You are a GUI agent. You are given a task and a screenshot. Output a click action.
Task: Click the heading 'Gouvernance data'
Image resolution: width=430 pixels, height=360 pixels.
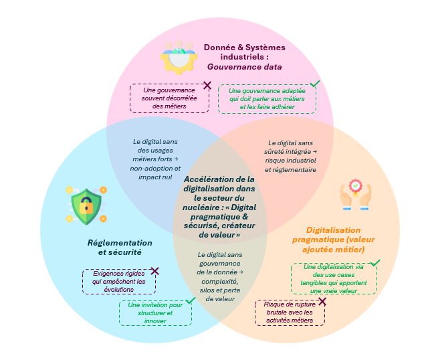[244, 67]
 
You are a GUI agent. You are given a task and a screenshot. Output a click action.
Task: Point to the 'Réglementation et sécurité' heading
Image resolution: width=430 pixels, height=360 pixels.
[120, 248]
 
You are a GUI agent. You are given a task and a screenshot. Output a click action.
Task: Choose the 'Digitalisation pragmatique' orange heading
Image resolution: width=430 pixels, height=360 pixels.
[335, 240]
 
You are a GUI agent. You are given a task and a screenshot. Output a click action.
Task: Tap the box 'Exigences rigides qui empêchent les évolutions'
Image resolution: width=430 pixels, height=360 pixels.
[119, 282]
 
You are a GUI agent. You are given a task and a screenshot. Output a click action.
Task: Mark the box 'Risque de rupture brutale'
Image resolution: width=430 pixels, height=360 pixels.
[290, 312]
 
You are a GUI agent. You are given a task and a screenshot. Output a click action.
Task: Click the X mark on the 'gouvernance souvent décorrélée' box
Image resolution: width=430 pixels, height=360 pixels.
[207, 85]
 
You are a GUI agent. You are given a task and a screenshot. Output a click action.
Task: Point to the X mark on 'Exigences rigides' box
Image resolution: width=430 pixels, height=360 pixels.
[155, 270]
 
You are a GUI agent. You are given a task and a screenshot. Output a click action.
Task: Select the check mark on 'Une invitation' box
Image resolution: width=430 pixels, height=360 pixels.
[191, 300]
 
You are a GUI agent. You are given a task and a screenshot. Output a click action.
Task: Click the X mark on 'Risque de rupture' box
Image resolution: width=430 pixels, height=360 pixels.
[322, 302]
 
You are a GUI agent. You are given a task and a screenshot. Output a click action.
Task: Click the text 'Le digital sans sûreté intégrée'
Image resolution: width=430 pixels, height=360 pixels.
[292, 147]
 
